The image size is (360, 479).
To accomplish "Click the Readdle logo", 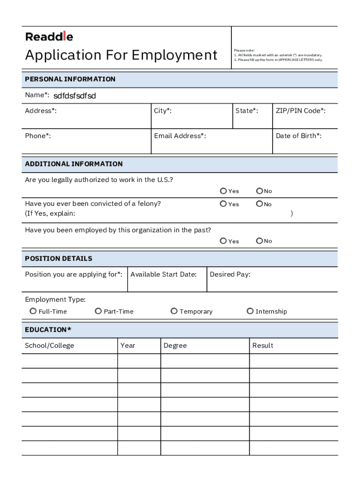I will pyautogui.click(x=49, y=36).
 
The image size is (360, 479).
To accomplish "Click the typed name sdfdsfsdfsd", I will pyautogui.click(x=74, y=96).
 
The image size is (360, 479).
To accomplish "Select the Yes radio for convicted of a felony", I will pyautogui.click(x=223, y=204).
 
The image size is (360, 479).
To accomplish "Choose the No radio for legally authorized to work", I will pyautogui.click(x=259, y=191).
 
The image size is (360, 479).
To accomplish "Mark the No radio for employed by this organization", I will pyautogui.click(x=259, y=241).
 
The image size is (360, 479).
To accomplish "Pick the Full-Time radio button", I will pyautogui.click(x=33, y=311).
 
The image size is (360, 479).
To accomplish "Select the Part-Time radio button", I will pyautogui.click(x=98, y=311).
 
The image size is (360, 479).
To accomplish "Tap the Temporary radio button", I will pyautogui.click(x=174, y=311).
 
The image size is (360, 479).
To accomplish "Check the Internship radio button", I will pyautogui.click(x=250, y=311).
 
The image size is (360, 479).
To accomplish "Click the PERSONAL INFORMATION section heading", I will pyautogui.click(x=70, y=79).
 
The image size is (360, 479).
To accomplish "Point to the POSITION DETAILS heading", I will pyautogui.click(x=58, y=258).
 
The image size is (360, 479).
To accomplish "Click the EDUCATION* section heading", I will pyautogui.click(x=48, y=330).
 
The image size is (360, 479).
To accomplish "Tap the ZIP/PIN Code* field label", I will pyautogui.click(x=301, y=111).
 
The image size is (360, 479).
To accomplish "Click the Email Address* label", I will pyautogui.click(x=180, y=136).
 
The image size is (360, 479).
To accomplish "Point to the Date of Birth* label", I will pyautogui.click(x=299, y=136).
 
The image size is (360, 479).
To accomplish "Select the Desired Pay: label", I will pyautogui.click(x=230, y=274).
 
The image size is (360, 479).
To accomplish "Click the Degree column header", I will pyautogui.click(x=175, y=346).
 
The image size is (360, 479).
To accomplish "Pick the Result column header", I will pyautogui.click(x=263, y=346).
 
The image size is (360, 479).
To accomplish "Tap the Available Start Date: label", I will pyautogui.click(x=163, y=274).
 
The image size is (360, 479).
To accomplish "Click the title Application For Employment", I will pyautogui.click(x=121, y=55).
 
